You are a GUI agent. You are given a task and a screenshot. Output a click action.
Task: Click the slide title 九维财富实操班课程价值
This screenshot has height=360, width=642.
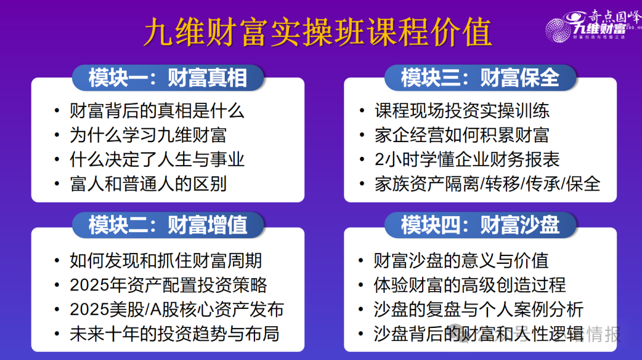(317, 32)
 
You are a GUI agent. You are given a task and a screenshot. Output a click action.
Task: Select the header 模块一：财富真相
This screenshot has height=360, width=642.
(168, 78)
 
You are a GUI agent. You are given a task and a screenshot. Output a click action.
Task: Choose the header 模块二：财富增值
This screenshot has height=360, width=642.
(168, 226)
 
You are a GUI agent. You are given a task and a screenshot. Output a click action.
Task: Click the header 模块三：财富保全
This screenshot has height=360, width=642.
(480, 78)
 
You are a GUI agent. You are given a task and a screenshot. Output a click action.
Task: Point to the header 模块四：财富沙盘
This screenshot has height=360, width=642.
(480, 226)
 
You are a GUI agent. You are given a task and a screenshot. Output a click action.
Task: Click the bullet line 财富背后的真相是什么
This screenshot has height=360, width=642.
(157, 110)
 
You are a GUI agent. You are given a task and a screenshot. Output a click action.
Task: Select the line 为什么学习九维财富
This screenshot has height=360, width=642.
(148, 135)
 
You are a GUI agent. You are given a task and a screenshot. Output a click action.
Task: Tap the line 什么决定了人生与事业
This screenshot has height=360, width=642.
(157, 159)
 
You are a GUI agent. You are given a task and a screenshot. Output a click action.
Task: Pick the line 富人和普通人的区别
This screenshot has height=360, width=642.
(148, 184)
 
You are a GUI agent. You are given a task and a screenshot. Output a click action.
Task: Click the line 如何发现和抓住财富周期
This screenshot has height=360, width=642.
(166, 260)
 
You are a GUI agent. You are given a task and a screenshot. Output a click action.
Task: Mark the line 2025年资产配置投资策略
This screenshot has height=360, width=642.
(168, 285)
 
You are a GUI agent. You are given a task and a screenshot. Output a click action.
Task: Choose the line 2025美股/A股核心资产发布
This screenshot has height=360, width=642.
(177, 309)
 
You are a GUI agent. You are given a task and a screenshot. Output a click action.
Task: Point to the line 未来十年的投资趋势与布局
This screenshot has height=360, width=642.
(174, 333)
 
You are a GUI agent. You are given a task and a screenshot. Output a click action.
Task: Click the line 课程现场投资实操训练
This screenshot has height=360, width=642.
(462, 110)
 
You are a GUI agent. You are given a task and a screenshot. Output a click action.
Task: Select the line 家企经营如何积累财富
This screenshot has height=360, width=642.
(462, 135)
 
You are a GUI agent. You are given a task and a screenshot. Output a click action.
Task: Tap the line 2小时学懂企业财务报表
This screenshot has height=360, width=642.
(467, 159)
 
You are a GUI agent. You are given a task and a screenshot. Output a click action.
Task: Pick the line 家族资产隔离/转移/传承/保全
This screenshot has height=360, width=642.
(487, 184)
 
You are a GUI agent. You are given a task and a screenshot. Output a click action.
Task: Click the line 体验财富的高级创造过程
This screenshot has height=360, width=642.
(470, 285)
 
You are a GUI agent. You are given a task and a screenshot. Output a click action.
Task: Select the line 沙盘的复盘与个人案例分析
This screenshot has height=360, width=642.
(479, 309)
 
